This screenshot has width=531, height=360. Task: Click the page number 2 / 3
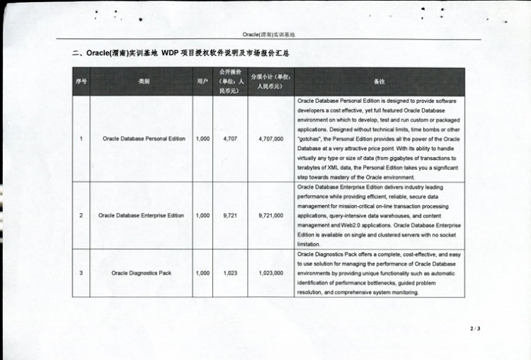(x=474, y=329)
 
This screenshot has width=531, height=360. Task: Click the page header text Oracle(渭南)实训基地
(x=268, y=34)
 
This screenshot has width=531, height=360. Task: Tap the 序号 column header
(x=81, y=81)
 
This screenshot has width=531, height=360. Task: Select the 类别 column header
(x=144, y=81)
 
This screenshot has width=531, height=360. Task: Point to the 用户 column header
(x=202, y=81)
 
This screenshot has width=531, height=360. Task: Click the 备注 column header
(x=380, y=81)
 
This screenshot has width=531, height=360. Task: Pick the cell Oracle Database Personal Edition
(x=144, y=139)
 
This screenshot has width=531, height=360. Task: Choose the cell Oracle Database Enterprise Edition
(x=142, y=215)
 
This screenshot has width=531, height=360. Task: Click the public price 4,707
(x=230, y=139)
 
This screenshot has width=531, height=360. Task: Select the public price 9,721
(x=230, y=215)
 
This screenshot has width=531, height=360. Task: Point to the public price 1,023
(x=230, y=273)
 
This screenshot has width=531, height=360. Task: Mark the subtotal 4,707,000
(x=271, y=139)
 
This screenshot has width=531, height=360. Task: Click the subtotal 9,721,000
(x=271, y=215)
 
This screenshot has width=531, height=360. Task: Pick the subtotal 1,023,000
(x=271, y=273)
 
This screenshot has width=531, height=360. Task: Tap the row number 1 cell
(x=81, y=139)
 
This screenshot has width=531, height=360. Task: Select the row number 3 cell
(x=81, y=273)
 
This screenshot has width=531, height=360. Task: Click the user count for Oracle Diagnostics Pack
(x=202, y=273)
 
